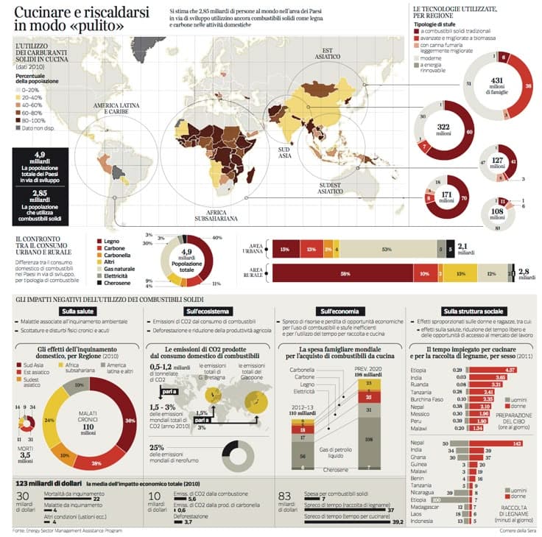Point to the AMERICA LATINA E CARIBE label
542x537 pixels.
click(116, 108)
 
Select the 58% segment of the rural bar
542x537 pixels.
click(345, 273)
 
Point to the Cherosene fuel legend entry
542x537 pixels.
click(116, 284)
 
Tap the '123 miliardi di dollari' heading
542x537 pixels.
click(47, 483)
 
